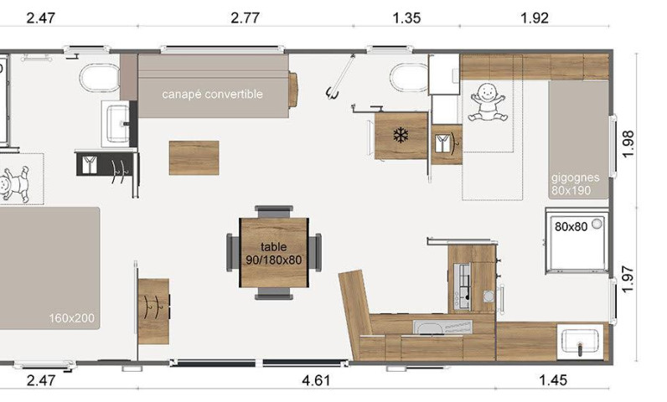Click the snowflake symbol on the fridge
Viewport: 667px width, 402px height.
click(x=401, y=136)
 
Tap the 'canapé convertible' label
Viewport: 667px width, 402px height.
click(x=212, y=95)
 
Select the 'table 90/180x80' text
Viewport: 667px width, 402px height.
click(x=274, y=253)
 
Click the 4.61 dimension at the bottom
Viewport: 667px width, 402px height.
click(x=316, y=380)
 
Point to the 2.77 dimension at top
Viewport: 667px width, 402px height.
click(x=245, y=18)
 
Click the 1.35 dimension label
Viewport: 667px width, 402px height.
click(x=406, y=18)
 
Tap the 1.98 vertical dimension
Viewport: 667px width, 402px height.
click(x=628, y=144)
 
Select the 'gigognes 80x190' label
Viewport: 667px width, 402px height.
click(x=575, y=184)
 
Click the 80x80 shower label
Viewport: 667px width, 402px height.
click(x=571, y=227)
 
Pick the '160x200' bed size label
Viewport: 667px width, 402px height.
click(x=71, y=318)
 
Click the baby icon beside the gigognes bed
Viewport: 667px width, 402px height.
click(x=488, y=102)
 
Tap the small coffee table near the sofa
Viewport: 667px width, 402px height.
click(x=194, y=157)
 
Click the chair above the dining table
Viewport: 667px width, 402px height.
click(x=274, y=212)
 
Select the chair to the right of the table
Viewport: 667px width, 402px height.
click(x=315, y=252)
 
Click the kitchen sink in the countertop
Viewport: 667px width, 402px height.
click(x=442, y=327)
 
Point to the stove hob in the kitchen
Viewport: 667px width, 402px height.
click(x=463, y=286)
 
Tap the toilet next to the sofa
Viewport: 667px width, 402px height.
click(x=101, y=78)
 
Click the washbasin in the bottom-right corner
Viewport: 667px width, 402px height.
click(x=580, y=340)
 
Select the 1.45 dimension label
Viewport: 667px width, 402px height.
click(x=552, y=380)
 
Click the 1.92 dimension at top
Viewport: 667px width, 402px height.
click(x=535, y=18)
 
